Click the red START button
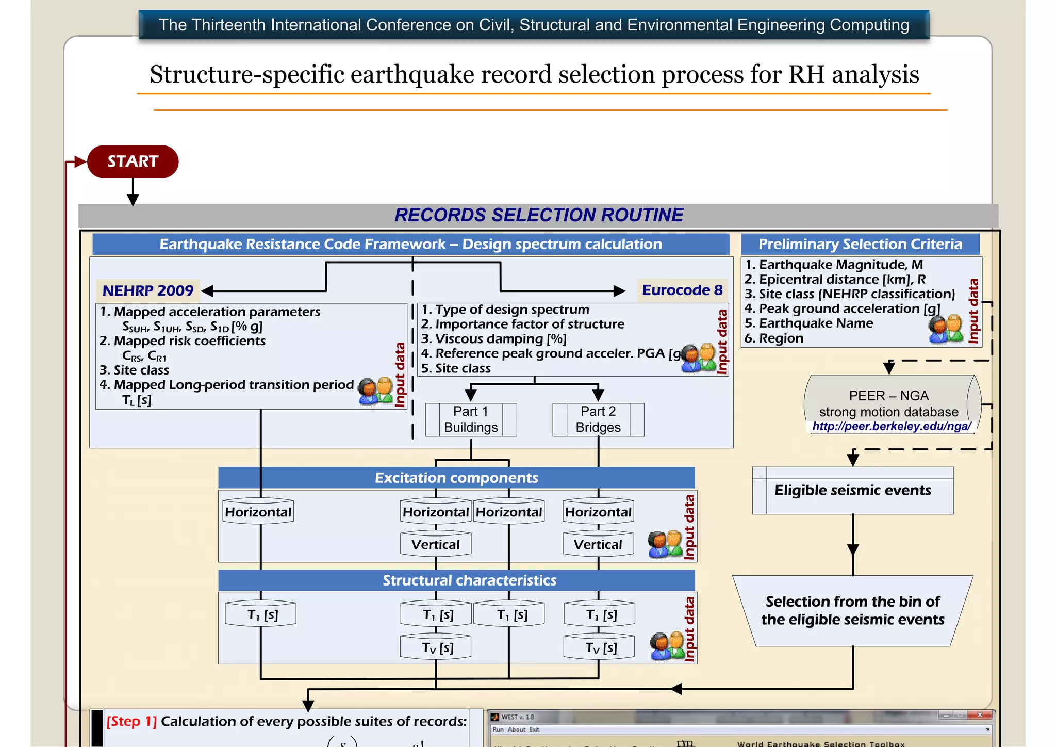(133, 161)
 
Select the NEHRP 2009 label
(148, 290)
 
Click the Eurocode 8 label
(682, 290)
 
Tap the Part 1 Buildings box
(471, 419)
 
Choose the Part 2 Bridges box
(598, 419)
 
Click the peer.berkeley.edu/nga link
(891, 427)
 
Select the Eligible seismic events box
(852, 490)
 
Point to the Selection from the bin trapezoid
(852, 610)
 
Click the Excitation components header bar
(456, 478)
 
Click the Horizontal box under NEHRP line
(258, 512)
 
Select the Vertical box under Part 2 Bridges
(598, 544)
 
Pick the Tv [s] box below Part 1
(436, 647)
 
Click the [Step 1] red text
(131, 721)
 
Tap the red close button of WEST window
(980, 715)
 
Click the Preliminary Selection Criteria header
(860, 244)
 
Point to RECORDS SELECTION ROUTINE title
(539, 215)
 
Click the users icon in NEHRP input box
(375, 392)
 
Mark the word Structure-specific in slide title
(246, 74)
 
